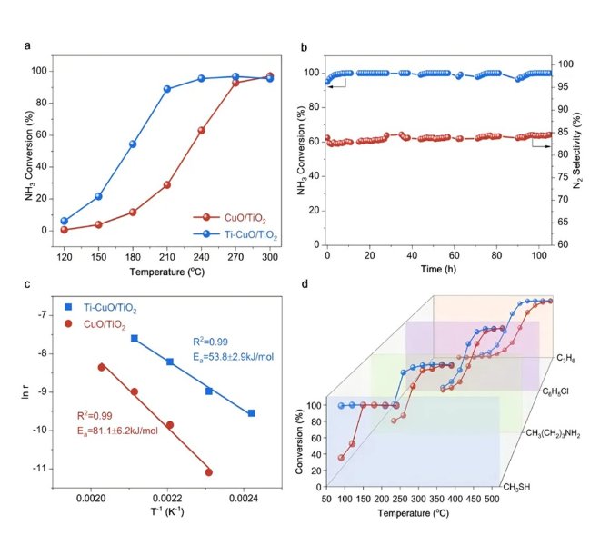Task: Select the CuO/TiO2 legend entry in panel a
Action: point(234,217)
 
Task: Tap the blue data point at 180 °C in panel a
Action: point(133,144)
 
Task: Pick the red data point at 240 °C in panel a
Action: point(201,131)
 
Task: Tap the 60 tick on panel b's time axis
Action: point(454,257)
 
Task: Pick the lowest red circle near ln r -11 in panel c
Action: point(208,472)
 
